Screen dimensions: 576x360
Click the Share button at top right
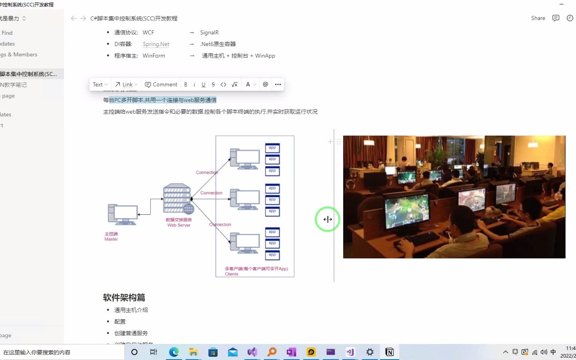538,18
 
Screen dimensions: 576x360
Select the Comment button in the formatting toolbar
161,84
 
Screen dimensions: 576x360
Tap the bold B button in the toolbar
186,84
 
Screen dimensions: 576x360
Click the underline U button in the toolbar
203,84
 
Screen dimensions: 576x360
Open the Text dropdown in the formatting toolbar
100,84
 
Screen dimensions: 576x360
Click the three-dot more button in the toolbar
278,84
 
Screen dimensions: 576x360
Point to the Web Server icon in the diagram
178,199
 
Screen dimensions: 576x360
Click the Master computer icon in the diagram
123,214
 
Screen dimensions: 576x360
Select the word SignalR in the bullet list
209,32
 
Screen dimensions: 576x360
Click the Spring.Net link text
156,44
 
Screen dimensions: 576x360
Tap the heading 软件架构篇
124,297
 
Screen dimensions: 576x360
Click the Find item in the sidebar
7,33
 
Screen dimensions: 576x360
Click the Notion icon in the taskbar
389,352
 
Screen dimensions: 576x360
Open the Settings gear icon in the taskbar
370,352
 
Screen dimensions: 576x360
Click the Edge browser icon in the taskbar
174,352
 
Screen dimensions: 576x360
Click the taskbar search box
60,352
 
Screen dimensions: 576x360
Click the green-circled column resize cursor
328,219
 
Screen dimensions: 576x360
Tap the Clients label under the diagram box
232,274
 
